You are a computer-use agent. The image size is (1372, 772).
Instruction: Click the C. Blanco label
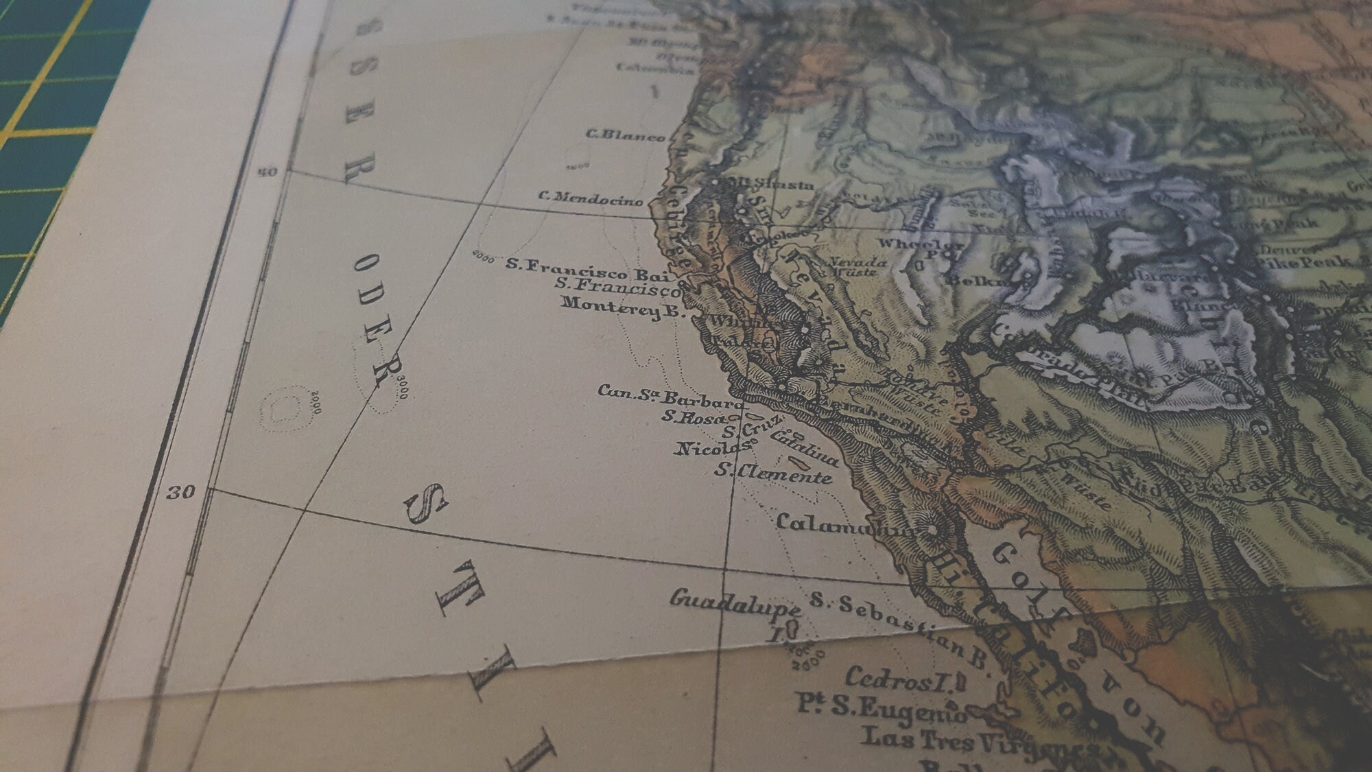[x=625, y=135]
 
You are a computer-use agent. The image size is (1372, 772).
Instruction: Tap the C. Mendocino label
[x=591, y=198]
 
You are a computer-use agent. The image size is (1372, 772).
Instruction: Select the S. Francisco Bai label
[x=587, y=269]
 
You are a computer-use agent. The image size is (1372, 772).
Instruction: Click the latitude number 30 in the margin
[x=181, y=492]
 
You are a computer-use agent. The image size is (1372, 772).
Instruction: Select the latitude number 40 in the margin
[x=268, y=172]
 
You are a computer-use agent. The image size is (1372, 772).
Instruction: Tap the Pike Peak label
[x=1305, y=261]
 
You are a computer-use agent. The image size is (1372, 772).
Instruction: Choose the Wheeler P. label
[x=921, y=246]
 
